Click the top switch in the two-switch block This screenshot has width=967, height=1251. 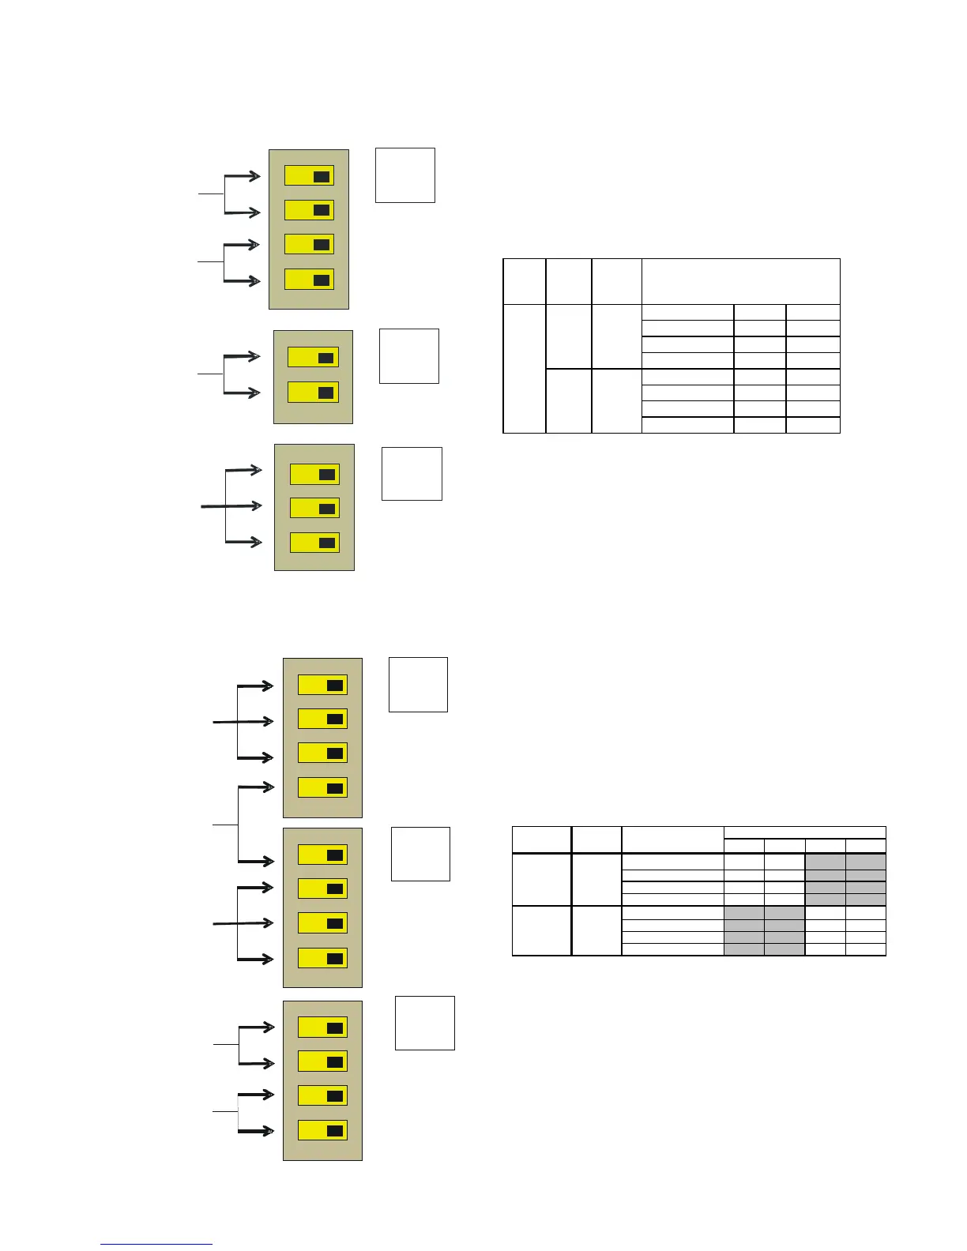(313, 357)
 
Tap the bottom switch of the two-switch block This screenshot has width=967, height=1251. (313, 393)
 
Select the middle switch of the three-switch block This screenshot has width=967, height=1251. (314, 508)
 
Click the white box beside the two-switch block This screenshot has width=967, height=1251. (408, 356)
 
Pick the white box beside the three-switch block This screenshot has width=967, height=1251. (412, 474)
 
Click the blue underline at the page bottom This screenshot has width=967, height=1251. (156, 1245)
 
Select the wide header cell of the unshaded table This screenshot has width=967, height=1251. (740, 280)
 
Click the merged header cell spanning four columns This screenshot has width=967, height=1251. (804, 832)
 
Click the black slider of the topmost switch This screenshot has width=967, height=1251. (321, 176)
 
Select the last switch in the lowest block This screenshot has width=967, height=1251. (322, 1130)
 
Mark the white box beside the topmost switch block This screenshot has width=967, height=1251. (404, 175)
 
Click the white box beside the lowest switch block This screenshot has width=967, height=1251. (424, 1023)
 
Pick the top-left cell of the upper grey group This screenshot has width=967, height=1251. (825, 861)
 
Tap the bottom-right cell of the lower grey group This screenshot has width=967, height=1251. (785, 949)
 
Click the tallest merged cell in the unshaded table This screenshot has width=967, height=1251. (524, 368)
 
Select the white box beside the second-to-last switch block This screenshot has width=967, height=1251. (420, 854)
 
